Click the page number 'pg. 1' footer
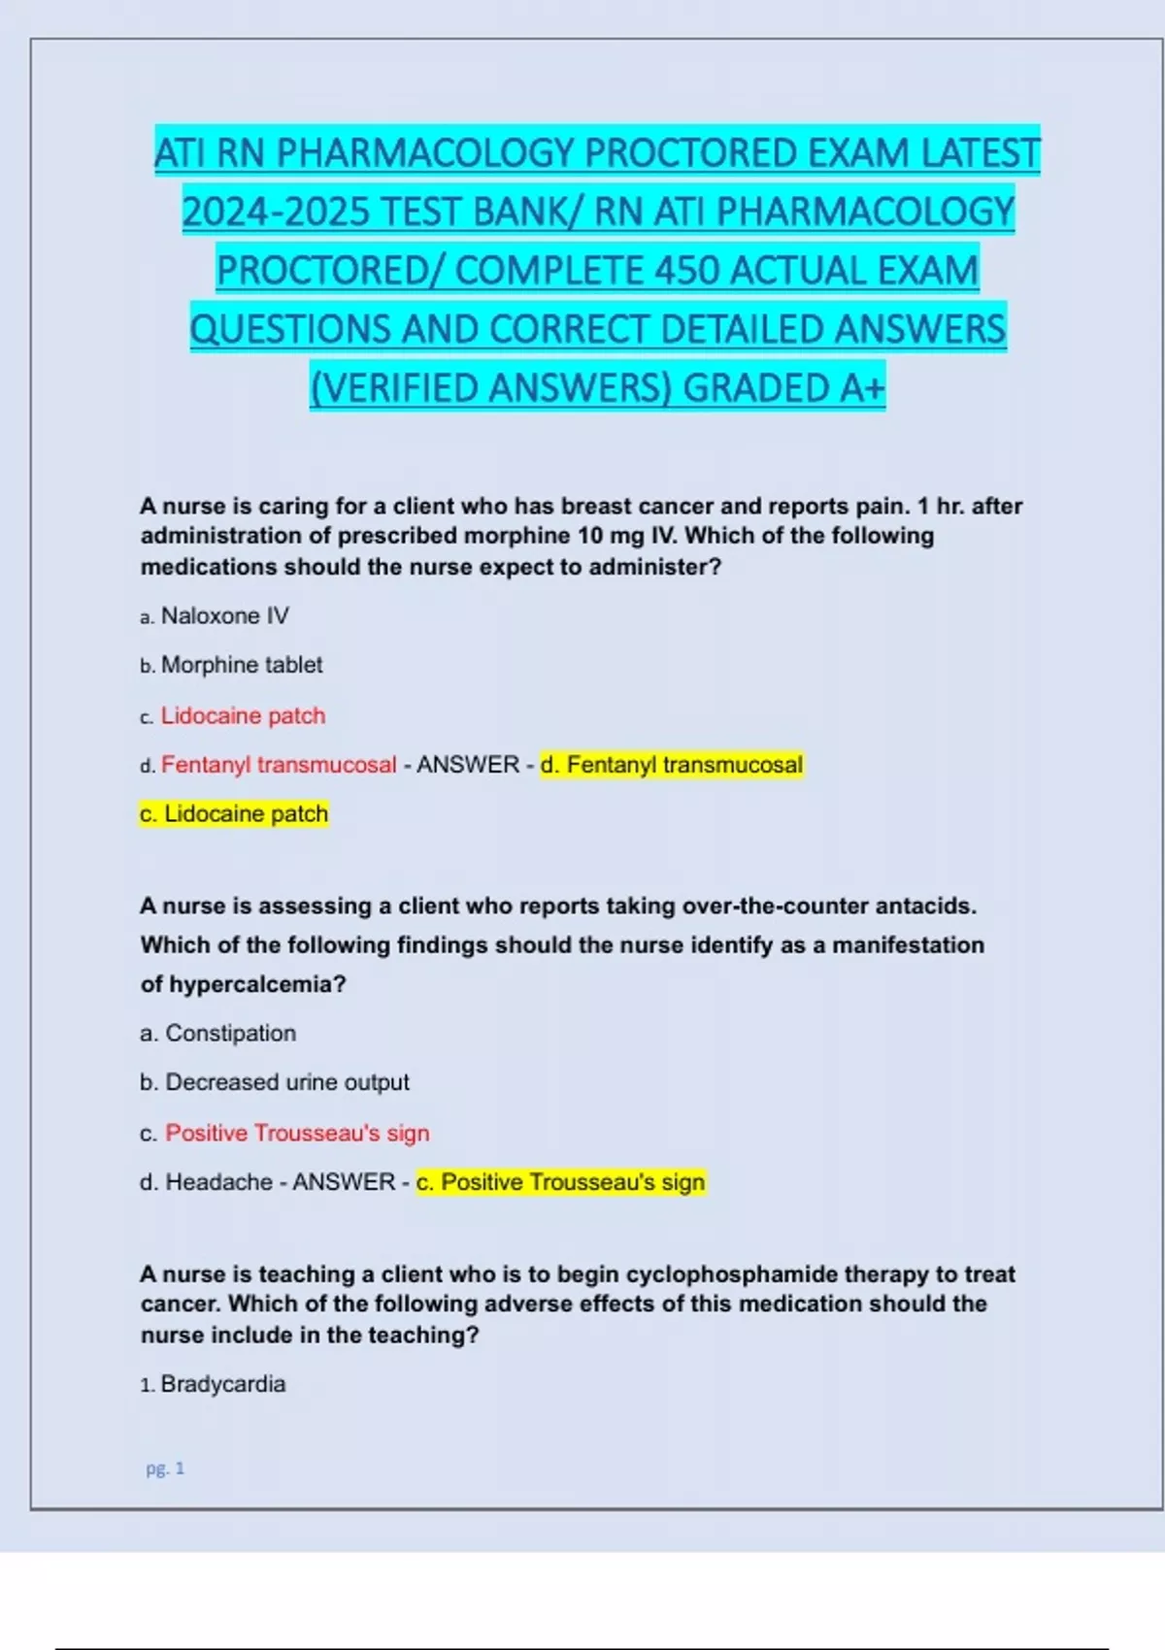pyautogui.click(x=165, y=1468)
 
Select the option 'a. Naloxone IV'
pyautogui.click(x=215, y=616)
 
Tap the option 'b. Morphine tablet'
pyautogui.click(x=231, y=665)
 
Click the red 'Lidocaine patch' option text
pyautogui.click(x=243, y=715)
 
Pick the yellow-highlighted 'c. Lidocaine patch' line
pyautogui.click(x=234, y=813)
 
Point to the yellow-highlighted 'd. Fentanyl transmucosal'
pyautogui.click(x=672, y=765)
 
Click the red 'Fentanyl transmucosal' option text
pyautogui.click(x=279, y=765)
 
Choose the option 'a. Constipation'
pyautogui.click(x=217, y=1033)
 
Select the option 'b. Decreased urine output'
pyautogui.click(x=275, y=1082)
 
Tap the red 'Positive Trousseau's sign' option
pyautogui.click(x=297, y=1133)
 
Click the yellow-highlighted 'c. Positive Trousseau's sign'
pyautogui.click(x=560, y=1182)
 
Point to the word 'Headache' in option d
pyautogui.click(x=219, y=1182)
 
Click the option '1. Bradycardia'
pyautogui.click(x=213, y=1384)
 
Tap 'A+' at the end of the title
pyautogui.click(x=862, y=388)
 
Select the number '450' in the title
pyautogui.click(x=687, y=271)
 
